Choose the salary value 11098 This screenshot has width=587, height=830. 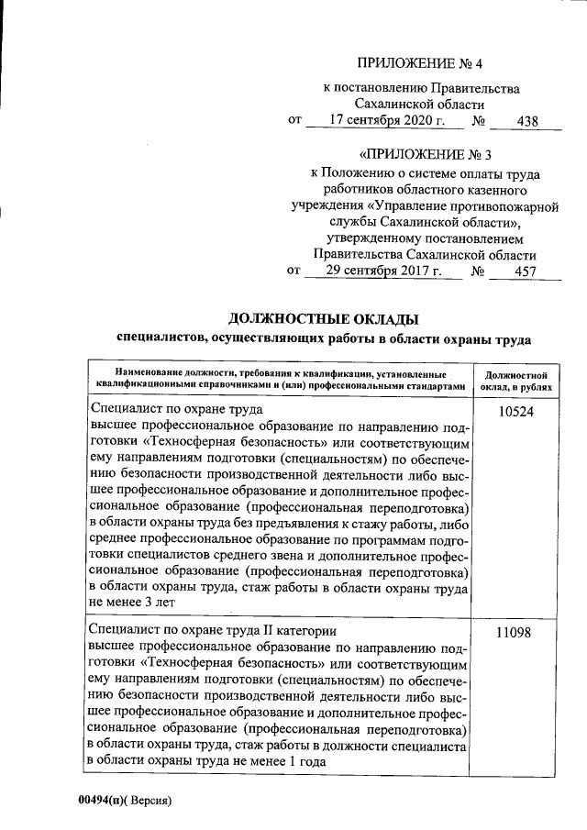tap(516, 634)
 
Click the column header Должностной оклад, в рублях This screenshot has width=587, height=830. tap(516, 381)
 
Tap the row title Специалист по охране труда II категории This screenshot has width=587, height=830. tap(215, 632)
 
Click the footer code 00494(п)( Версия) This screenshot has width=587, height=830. tap(125, 801)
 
